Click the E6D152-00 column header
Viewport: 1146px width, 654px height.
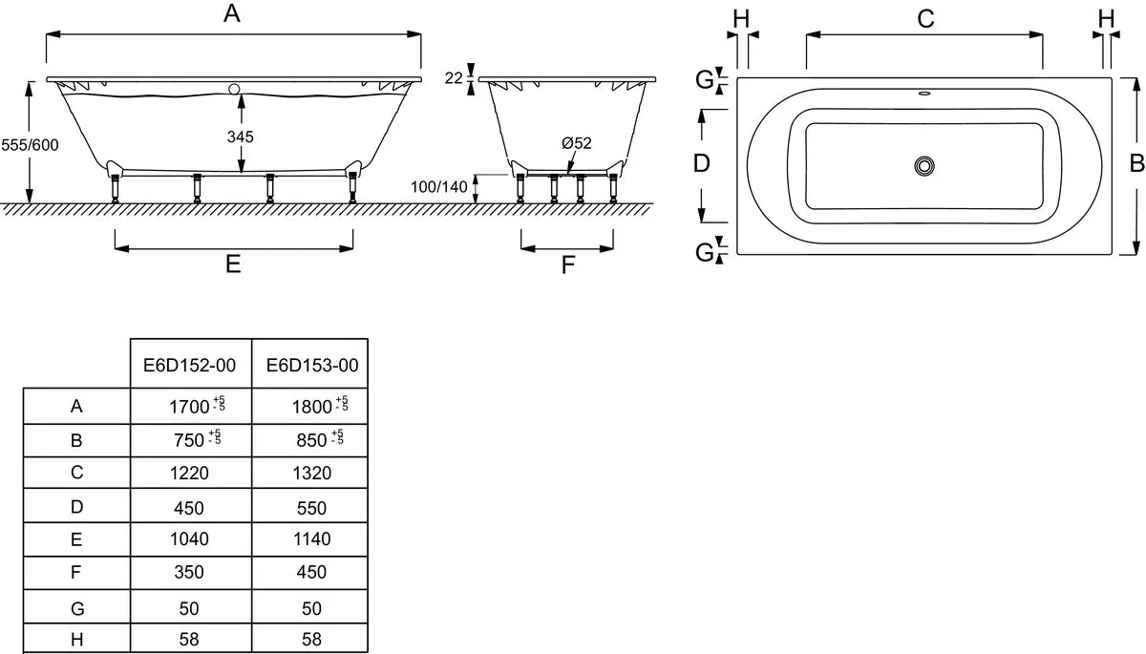(189, 365)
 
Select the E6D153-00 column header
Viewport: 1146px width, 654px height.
(312, 365)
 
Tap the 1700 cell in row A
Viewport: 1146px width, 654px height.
(197, 406)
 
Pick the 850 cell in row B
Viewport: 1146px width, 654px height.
(320, 439)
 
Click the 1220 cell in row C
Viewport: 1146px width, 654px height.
(189, 473)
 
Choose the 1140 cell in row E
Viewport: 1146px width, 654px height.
(312, 538)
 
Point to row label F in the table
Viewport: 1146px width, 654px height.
(76, 572)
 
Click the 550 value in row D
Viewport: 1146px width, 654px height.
(311, 508)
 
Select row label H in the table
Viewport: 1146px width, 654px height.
(76, 639)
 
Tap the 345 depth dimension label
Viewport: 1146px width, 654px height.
(241, 137)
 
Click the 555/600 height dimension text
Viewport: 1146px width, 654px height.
(30, 145)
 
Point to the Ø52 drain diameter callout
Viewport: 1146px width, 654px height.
(577, 143)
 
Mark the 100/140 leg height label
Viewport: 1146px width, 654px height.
(439, 186)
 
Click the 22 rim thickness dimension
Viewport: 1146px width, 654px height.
(454, 78)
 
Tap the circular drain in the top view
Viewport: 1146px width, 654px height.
(924, 166)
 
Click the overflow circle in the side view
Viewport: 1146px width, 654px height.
(234, 90)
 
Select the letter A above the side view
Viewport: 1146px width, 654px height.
(232, 13)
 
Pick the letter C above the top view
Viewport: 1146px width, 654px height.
(926, 19)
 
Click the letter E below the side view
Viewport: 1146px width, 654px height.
(233, 264)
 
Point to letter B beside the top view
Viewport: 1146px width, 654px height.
(1136, 163)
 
